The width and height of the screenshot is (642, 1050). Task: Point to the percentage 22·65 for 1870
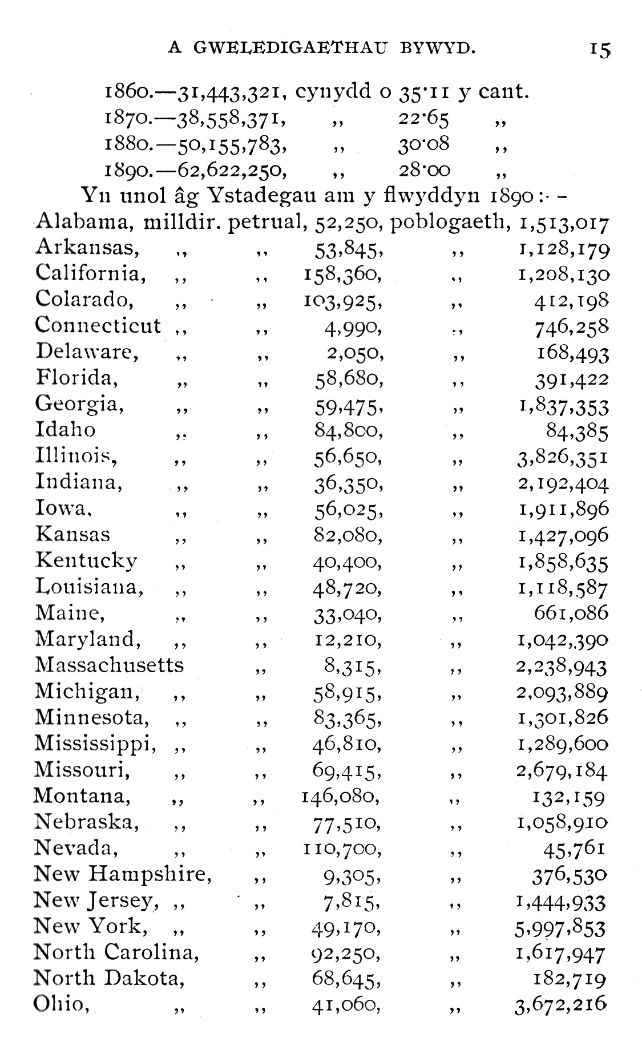[423, 119]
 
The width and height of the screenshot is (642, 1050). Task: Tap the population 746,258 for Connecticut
[572, 327]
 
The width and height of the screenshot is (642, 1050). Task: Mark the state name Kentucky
[86, 560]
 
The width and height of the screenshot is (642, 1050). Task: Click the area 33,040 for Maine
[347, 615]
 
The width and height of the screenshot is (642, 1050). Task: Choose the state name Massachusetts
[110, 665]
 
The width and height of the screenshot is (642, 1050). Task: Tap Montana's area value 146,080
[341, 796]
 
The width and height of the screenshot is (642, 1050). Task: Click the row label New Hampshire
[123, 874]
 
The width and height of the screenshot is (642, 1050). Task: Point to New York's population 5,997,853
[560, 928]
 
